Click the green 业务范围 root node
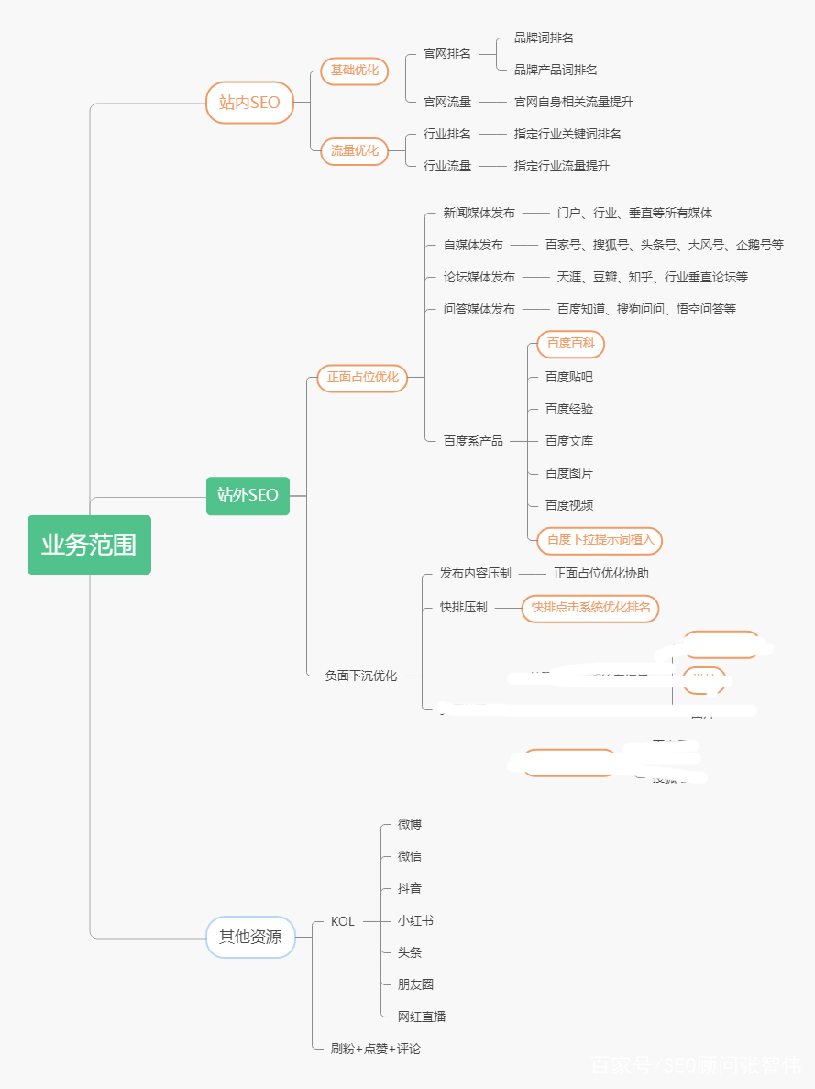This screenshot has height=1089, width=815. point(89,544)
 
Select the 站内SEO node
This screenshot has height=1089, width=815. point(249,103)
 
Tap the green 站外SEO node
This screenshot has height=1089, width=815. point(248,496)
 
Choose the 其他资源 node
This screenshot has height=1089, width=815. point(250,937)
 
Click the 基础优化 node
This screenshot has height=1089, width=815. point(355,71)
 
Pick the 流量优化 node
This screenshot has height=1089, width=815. point(355,150)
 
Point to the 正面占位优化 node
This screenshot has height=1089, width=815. point(362,378)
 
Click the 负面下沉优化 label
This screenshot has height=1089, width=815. point(361,676)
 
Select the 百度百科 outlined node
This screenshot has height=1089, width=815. point(570,344)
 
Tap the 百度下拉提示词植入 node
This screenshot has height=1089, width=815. point(600,539)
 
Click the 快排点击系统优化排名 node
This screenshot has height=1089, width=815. point(590,608)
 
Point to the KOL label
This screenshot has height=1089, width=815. point(343,921)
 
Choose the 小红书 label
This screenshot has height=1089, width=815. point(415,920)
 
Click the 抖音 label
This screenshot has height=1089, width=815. point(410,888)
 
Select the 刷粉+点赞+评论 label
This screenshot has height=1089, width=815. point(376,1049)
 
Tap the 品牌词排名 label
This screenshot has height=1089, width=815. point(544,38)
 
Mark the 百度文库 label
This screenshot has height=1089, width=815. point(569,441)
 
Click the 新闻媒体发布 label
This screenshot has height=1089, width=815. point(479,213)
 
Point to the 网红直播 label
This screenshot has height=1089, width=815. point(422,1017)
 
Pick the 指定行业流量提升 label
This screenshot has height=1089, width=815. point(561,166)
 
